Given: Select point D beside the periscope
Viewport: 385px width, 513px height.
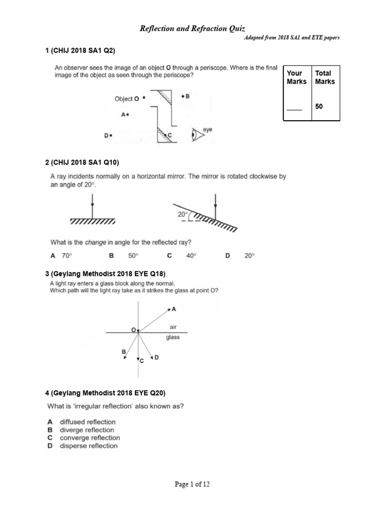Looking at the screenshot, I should pos(108,135).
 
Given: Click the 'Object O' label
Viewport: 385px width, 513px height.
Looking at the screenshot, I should pos(127,99).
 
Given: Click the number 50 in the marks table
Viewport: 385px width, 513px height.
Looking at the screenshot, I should pos(319,106).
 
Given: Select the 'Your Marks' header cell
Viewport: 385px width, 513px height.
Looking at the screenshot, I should pos(297,77).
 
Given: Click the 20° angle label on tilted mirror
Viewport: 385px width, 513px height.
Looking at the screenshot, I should pos(183,214).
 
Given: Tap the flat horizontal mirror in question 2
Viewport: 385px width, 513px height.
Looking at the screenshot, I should pos(92,221).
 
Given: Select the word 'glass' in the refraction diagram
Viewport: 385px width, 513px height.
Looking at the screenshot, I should pos(172,337).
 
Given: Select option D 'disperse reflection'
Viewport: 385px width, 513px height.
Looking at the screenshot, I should pos(83,446).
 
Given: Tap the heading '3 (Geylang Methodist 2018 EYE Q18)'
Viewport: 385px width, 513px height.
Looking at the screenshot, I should pos(105,273).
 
